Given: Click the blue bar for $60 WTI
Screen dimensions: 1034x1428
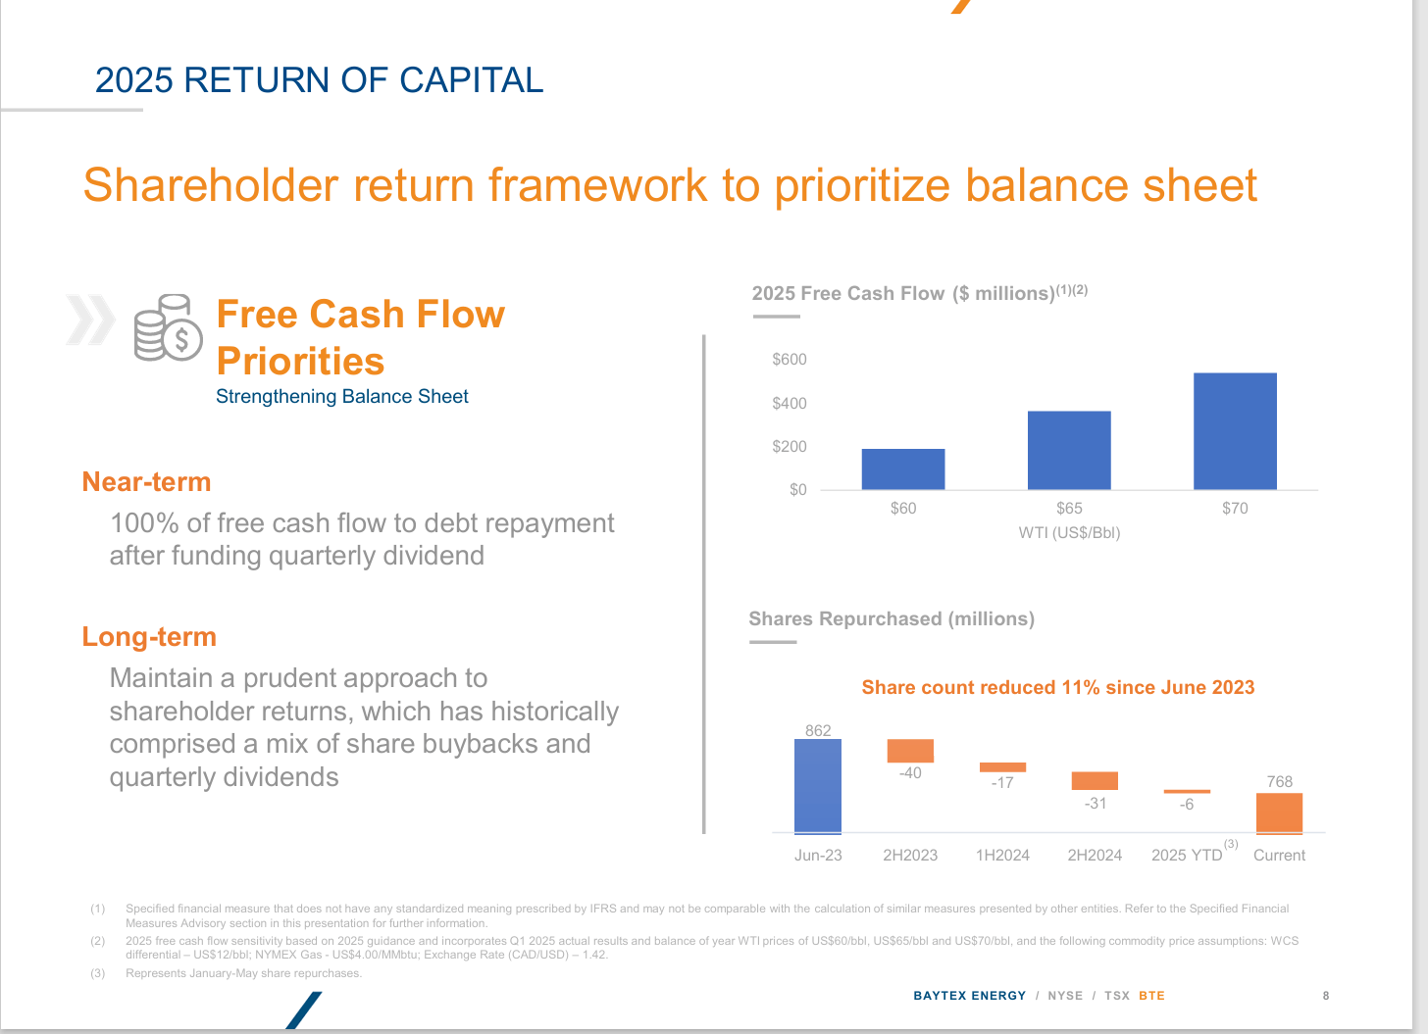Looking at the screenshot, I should [x=902, y=469].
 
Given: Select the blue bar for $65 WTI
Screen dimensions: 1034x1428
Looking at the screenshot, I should [x=1069, y=450].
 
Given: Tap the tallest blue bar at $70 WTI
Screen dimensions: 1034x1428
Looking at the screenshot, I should [x=1235, y=431].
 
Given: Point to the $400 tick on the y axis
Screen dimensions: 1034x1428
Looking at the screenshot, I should [x=790, y=403].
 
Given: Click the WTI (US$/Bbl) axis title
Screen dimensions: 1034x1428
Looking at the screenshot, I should [x=1069, y=533].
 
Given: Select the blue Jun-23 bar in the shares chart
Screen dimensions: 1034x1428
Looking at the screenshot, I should [x=818, y=786].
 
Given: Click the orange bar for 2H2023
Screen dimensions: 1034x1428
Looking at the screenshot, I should [x=910, y=751].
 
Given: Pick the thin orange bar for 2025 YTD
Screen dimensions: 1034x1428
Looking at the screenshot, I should [x=1187, y=791].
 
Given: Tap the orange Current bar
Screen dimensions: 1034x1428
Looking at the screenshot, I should [x=1279, y=813].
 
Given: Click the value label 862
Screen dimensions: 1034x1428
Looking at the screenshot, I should [x=818, y=730].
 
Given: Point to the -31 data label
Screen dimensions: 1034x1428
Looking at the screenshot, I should [x=1095, y=804].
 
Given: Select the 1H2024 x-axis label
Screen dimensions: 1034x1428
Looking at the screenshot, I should [x=1002, y=856].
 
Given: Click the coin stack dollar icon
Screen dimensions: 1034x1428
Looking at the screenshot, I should [x=168, y=328].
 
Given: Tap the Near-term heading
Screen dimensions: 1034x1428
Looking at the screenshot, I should [x=147, y=482].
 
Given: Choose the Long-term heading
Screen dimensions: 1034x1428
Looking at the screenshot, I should [x=149, y=637].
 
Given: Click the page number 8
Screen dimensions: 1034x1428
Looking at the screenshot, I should [x=1326, y=996].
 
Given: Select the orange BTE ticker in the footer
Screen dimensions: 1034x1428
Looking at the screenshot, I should [x=1151, y=996].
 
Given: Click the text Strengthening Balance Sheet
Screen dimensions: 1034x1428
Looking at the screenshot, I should [x=341, y=397].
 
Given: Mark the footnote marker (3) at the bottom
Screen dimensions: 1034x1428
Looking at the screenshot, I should [x=98, y=973].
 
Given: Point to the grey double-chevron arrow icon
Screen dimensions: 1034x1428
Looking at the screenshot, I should [x=90, y=320].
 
